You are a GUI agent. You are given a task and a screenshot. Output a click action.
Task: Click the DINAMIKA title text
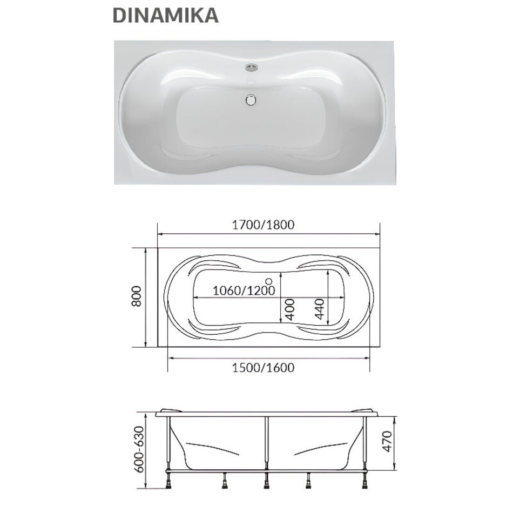tap(165, 15)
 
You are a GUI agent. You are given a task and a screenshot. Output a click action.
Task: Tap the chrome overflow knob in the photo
tap(251, 67)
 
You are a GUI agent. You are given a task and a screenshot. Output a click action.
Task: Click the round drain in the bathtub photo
tap(251, 100)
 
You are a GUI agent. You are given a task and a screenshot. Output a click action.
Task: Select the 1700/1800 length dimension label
tap(264, 225)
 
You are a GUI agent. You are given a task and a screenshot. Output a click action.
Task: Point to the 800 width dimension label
tap(137, 296)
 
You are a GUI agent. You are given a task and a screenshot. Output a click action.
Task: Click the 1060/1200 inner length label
tap(244, 290)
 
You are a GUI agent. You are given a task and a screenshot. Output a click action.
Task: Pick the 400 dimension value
tap(290, 309)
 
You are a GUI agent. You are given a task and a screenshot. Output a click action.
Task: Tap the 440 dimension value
tap(319, 309)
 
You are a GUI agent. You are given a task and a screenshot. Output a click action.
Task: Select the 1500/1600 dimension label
tap(264, 367)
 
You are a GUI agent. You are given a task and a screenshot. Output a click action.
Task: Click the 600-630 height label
tap(140, 449)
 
